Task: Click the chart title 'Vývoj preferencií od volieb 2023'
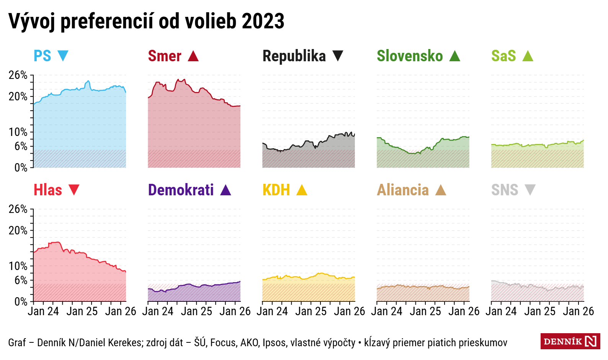click(x=146, y=21)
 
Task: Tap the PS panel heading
click(x=42, y=56)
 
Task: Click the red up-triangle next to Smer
click(x=193, y=56)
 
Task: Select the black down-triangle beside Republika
click(x=338, y=56)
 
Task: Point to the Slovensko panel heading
click(x=410, y=56)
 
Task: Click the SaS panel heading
click(x=503, y=56)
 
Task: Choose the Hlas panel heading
click(x=48, y=190)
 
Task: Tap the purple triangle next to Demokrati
click(x=226, y=190)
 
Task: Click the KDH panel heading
click(x=276, y=190)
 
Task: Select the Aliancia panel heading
click(x=403, y=190)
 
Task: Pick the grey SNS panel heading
click(x=505, y=190)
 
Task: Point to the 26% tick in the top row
click(x=18, y=75)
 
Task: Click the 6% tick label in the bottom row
click(x=21, y=280)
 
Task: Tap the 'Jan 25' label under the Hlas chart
click(x=82, y=311)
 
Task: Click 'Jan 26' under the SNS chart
click(x=578, y=311)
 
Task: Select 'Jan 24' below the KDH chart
click(x=272, y=311)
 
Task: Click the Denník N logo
click(x=570, y=341)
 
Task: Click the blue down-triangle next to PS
click(x=63, y=56)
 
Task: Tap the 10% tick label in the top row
click(x=18, y=132)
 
